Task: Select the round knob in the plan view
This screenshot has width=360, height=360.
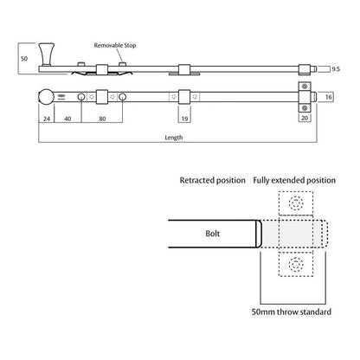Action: coord(46,98)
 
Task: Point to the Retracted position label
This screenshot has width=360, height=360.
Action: coord(212,183)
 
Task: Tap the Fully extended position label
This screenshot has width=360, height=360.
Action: coord(294,183)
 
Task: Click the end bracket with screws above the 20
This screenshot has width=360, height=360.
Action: coord(304,98)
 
